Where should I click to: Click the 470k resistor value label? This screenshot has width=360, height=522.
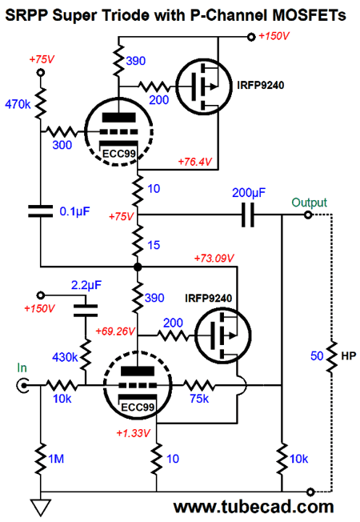pyautogui.click(x=18, y=104)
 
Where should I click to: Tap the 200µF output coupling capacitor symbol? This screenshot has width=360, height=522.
pyautogui.click(x=248, y=215)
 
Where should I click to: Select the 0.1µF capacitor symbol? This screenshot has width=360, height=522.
pyautogui.click(x=40, y=211)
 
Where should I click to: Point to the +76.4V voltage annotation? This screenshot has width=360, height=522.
pyautogui.click(x=195, y=162)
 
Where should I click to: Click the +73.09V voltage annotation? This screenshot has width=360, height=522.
pyautogui.click(x=214, y=258)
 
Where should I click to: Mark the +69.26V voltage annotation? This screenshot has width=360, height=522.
pyautogui.click(x=115, y=331)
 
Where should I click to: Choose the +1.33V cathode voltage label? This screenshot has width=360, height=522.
pyautogui.click(x=134, y=433)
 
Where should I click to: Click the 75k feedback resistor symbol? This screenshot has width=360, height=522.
pyautogui.click(x=200, y=386)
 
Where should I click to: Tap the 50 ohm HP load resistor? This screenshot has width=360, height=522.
pyautogui.click(x=332, y=356)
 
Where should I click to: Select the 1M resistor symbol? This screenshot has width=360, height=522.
pyautogui.click(x=41, y=459)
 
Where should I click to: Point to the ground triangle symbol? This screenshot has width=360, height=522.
pyautogui.click(x=41, y=507)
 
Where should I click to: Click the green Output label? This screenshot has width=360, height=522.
pyautogui.click(x=309, y=203)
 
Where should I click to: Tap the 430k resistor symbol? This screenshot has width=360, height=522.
pyautogui.click(x=86, y=355)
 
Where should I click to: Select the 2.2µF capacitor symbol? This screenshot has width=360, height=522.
pyautogui.click(x=86, y=311)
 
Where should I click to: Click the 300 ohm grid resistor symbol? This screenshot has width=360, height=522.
pyautogui.click(x=62, y=132)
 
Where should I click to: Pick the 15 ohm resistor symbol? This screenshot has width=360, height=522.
pyautogui.click(x=138, y=241)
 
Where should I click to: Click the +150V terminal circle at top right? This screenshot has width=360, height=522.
pyautogui.click(x=251, y=37)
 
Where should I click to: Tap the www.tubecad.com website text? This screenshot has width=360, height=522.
pyautogui.click(x=254, y=507)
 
